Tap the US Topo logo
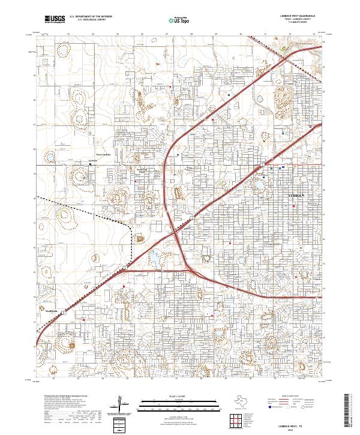(x=172, y=20)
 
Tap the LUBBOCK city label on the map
(x=297, y=196)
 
